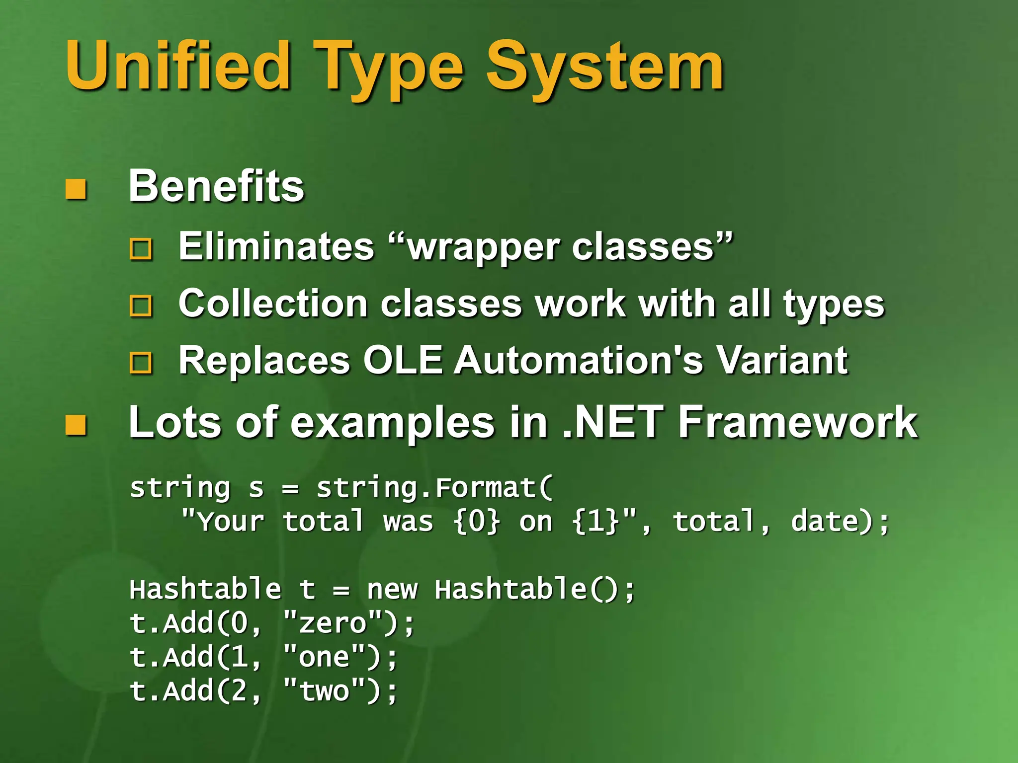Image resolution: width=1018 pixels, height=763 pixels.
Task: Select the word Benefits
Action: [x=216, y=186]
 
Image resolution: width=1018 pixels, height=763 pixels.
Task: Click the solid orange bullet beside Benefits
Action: [x=76, y=189]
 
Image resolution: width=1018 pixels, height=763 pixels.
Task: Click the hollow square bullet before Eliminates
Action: [x=141, y=248]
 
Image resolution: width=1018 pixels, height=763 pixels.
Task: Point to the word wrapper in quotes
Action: [x=485, y=247]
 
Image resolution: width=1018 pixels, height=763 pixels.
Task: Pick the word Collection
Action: [x=273, y=304]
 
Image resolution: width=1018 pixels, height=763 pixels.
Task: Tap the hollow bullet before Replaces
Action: [x=141, y=363]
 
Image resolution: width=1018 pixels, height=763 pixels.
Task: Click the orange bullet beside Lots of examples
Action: [x=76, y=425]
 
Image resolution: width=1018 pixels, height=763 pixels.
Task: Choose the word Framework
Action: [x=798, y=423]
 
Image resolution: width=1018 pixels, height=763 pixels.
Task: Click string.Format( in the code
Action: [x=435, y=488]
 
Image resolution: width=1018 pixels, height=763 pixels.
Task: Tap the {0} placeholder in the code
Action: [x=477, y=522]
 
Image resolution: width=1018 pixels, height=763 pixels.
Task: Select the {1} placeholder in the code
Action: [x=595, y=522]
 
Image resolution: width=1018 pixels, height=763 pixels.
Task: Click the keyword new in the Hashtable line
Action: [x=392, y=590]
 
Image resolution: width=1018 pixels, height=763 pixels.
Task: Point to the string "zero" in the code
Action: [x=333, y=623]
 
